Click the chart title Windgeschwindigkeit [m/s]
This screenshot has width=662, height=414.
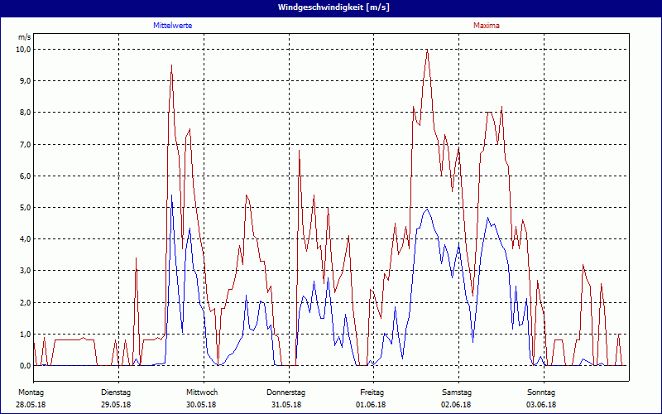click(331, 7)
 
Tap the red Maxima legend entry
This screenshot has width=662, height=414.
click(486, 26)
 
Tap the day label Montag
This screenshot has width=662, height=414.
click(31, 392)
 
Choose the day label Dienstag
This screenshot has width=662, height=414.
click(116, 392)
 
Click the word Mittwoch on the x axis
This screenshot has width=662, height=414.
click(202, 392)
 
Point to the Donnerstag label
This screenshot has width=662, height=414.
click(286, 392)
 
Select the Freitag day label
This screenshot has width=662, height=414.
click(372, 392)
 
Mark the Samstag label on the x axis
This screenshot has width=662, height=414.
click(457, 392)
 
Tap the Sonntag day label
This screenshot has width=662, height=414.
click(541, 392)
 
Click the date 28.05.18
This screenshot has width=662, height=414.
click(31, 405)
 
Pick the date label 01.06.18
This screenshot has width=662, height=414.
click(372, 405)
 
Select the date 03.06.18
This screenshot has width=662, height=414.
click(541, 405)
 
